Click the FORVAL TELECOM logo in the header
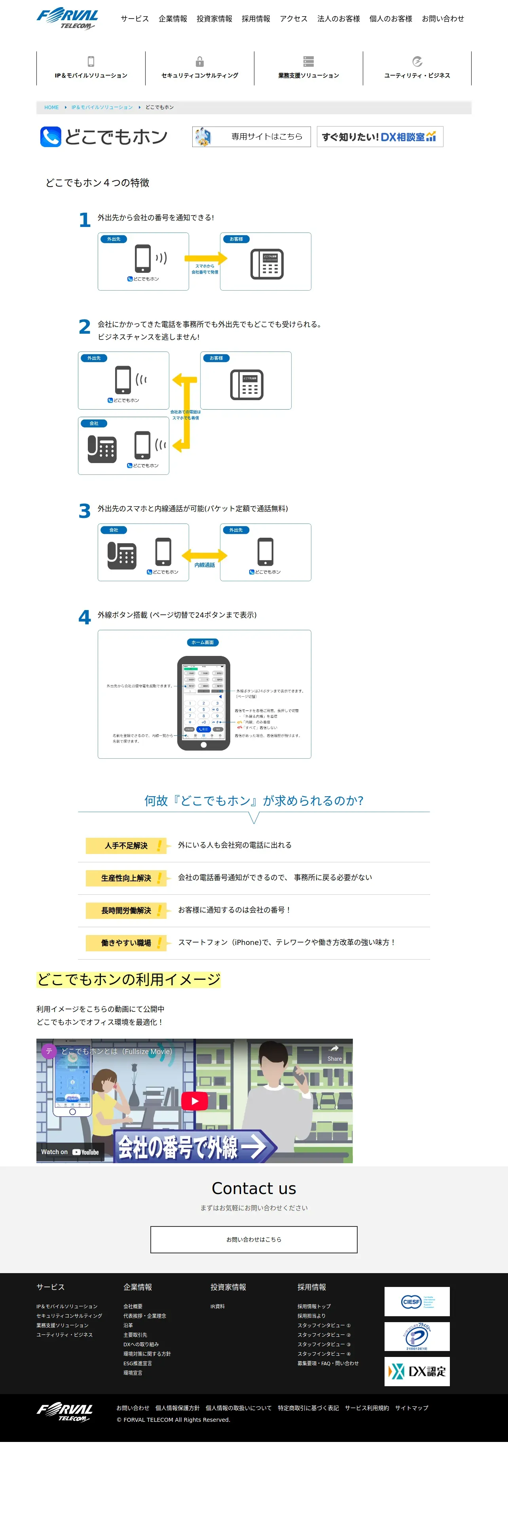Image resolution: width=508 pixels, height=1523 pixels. [x=67, y=18]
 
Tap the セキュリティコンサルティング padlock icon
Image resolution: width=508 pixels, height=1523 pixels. [x=200, y=62]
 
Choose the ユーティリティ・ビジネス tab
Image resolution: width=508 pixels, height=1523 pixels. [x=417, y=68]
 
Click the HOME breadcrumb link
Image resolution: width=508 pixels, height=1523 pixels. [x=51, y=108]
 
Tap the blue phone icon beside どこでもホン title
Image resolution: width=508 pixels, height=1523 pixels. [x=50, y=136]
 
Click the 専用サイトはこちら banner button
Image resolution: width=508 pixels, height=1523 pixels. [x=251, y=136]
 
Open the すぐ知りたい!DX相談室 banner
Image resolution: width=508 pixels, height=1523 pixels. [x=380, y=136]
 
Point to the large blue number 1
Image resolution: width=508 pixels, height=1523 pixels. [x=85, y=220]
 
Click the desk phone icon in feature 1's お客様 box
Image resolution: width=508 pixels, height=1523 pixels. [x=267, y=264]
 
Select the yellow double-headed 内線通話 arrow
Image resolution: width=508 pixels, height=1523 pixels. [x=205, y=555]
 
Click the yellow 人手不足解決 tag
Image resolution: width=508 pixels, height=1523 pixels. [x=126, y=845]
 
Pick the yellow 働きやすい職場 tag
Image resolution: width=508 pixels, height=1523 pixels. [x=126, y=943]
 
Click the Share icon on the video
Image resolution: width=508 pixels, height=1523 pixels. [x=334, y=1051]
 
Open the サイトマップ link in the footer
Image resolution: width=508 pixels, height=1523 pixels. [x=411, y=1408]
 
